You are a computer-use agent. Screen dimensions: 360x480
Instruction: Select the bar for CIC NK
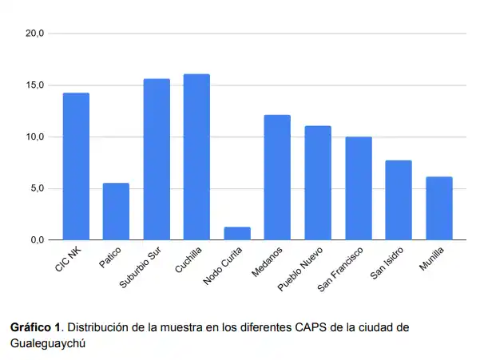coord(76,166)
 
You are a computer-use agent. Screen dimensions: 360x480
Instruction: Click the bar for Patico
coord(116,212)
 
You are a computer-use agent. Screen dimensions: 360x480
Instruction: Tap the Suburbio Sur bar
coord(157,159)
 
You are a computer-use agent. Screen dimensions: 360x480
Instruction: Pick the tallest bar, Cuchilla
coord(196,156)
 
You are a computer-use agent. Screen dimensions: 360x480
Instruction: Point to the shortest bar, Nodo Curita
coord(237,233)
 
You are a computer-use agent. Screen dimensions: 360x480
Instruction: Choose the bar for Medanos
coord(277,177)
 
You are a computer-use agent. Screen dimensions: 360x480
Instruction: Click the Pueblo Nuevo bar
coord(318,183)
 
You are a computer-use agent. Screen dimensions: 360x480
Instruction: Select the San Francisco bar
coord(359,188)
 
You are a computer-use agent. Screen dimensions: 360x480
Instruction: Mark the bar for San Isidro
coord(399,200)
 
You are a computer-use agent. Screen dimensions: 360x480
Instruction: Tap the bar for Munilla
coord(439,208)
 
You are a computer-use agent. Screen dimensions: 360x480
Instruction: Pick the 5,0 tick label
coord(38,188)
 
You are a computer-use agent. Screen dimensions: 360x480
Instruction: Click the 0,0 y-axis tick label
coord(38,239)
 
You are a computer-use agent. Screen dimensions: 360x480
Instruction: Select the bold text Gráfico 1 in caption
coord(35,327)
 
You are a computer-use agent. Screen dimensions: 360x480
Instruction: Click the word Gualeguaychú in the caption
coord(46,342)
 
